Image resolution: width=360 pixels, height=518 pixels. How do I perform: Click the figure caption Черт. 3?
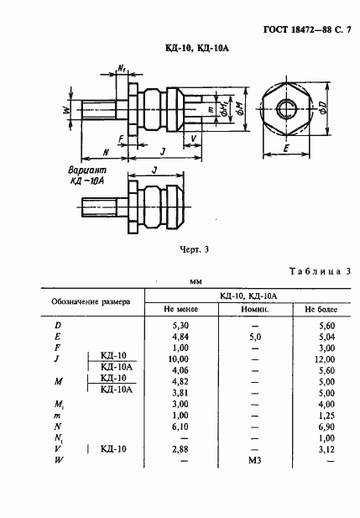click(195, 249)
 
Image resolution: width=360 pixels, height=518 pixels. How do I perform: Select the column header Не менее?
click(180, 308)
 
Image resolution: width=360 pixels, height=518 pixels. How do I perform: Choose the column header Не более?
click(315, 308)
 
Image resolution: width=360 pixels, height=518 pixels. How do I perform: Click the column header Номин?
click(255, 308)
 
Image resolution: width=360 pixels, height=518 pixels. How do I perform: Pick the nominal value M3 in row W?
click(255, 460)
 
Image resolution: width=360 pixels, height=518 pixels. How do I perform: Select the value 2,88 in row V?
click(181, 449)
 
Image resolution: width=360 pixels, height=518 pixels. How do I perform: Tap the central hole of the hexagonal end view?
click(288, 107)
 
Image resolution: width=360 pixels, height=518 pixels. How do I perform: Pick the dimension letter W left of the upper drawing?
click(65, 109)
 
